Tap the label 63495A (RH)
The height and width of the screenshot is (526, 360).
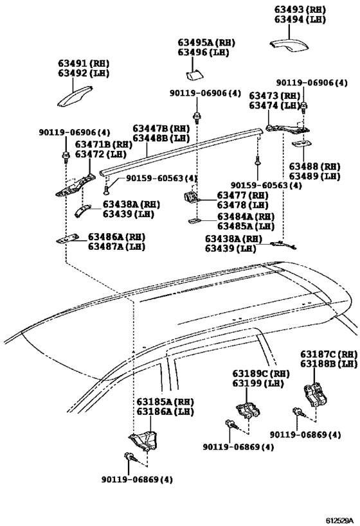(206, 42)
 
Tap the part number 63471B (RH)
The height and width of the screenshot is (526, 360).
(103, 145)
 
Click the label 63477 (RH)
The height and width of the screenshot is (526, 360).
(242, 195)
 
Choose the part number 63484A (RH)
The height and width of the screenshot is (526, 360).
(245, 216)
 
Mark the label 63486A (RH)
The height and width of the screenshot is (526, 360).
(116, 237)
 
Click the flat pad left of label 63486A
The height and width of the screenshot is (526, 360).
(67, 240)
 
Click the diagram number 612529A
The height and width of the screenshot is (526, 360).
(339, 518)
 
